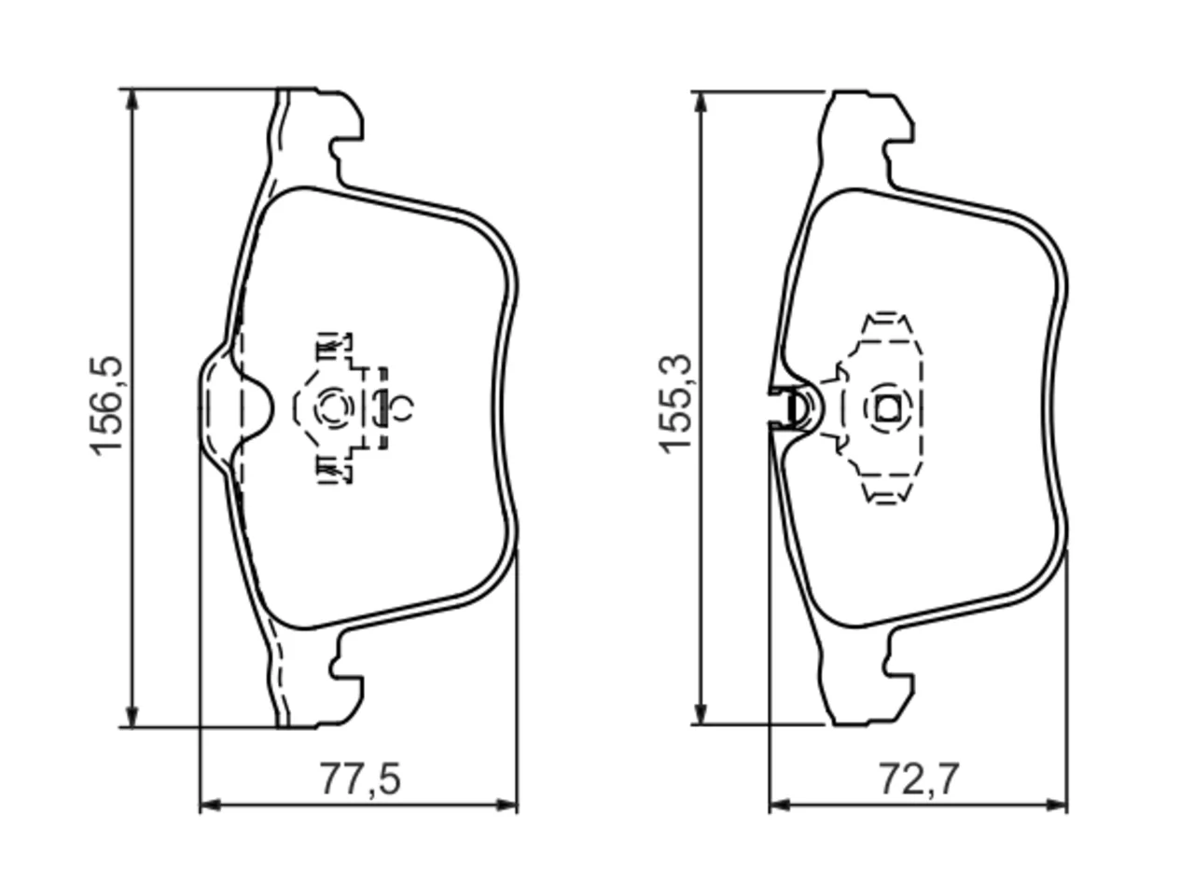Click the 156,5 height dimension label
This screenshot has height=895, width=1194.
(106, 406)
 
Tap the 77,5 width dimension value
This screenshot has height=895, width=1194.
(359, 778)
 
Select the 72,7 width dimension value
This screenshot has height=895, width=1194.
(920, 778)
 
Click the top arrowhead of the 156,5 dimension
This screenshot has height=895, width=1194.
(132, 100)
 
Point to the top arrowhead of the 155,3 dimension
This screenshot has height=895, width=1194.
(701, 103)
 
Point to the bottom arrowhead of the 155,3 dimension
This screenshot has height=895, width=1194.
(701, 712)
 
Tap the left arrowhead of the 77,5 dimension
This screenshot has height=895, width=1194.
(211, 805)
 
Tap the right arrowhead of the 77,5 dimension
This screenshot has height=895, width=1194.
(507, 805)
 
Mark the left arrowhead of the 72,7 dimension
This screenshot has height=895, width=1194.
(780, 805)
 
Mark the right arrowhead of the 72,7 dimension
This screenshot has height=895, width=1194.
(1056, 805)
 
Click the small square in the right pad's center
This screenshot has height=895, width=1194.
(889, 407)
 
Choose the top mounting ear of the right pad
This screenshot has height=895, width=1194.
(892, 131)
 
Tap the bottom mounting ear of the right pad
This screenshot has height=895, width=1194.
(892, 683)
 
